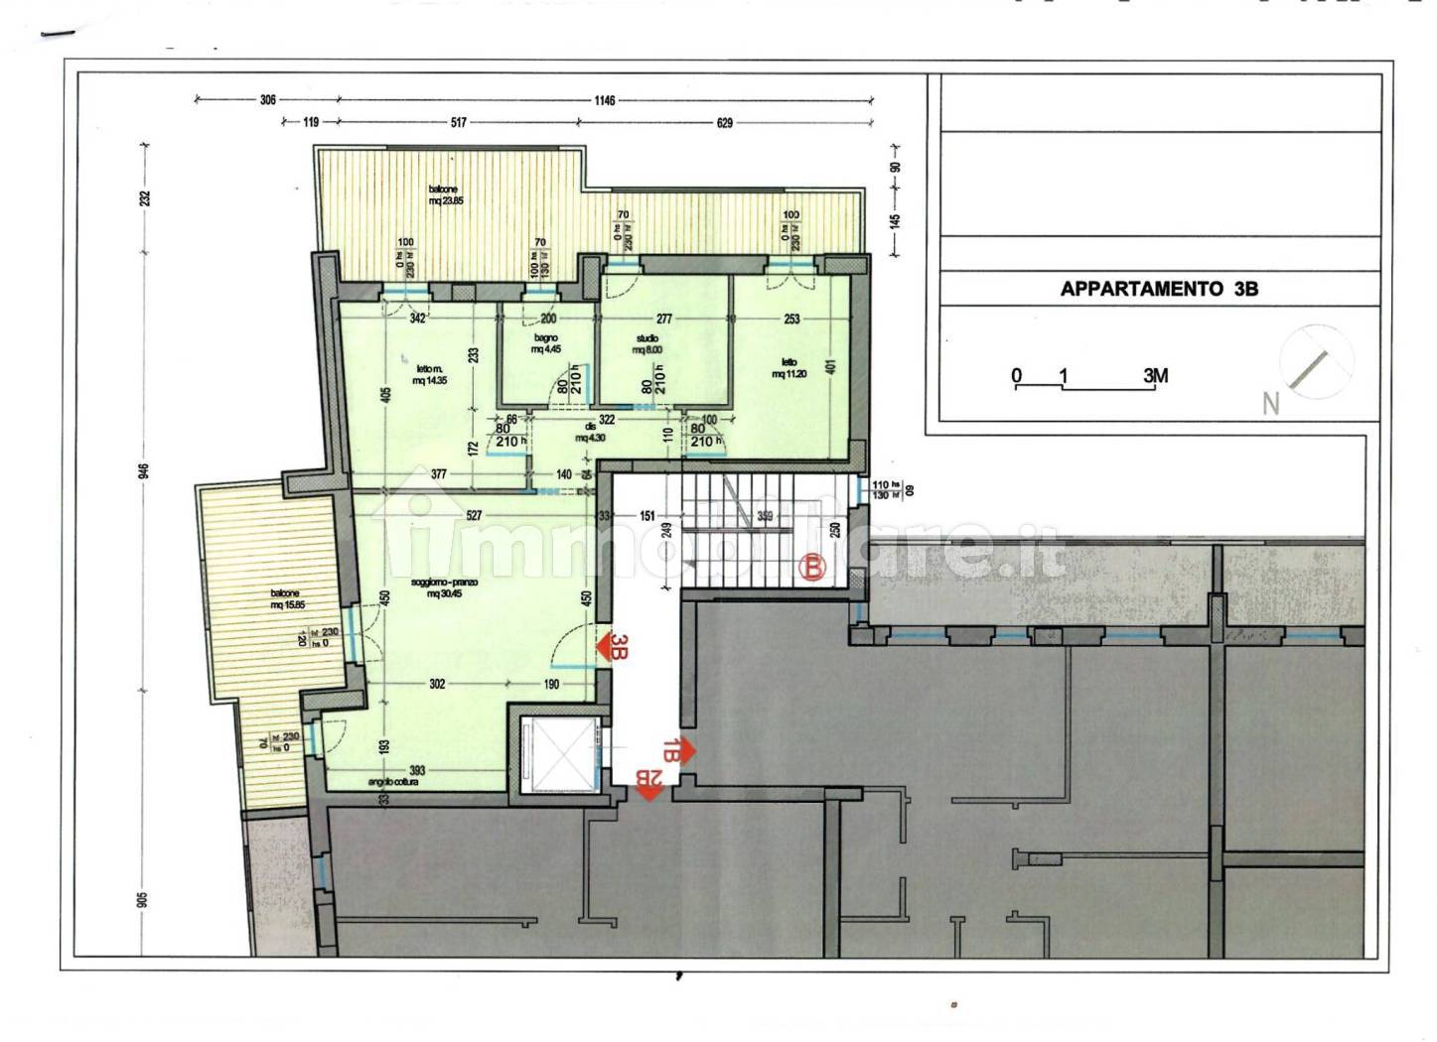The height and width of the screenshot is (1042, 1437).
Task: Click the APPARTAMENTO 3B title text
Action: point(1159,289)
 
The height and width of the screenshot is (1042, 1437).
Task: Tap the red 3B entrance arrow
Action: point(612,647)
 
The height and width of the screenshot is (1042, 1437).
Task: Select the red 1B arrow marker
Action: point(678,751)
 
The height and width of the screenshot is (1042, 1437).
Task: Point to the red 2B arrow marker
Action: point(649,785)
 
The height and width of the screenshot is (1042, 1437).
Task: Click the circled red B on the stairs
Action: point(812,568)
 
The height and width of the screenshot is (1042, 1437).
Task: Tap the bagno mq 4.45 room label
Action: point(544,343)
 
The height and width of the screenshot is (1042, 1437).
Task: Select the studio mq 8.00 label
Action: point(647,343)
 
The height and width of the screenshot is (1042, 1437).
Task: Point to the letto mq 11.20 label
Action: point(788,368)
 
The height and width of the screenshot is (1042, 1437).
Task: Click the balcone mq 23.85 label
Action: point(445,195)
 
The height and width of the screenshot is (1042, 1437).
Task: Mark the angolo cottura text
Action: point(393,782)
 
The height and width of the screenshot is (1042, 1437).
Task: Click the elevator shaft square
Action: point(556,750)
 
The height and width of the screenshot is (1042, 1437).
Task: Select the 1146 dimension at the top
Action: point(605,100)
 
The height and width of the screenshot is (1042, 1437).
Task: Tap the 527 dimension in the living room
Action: point(473,515)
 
